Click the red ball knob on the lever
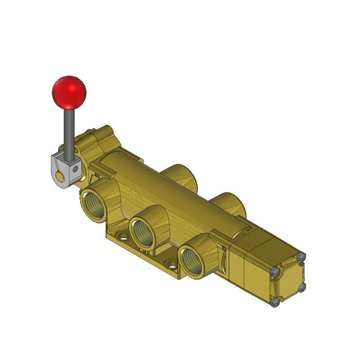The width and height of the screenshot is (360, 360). coord(69,93)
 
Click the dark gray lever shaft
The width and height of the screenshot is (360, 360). coord(67,131)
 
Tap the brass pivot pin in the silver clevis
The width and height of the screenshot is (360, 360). coord(61,177)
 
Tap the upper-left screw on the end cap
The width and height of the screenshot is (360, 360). coord(277,271)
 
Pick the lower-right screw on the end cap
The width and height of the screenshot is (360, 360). coord(302,287)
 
